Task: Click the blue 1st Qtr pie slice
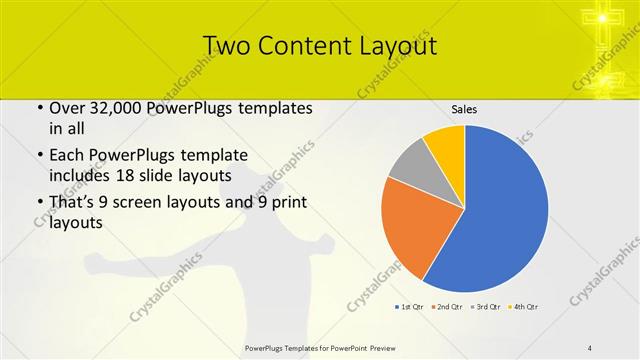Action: point(500,210)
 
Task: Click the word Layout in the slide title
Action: point(390,46)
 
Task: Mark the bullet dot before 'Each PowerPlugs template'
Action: point(39,156)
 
